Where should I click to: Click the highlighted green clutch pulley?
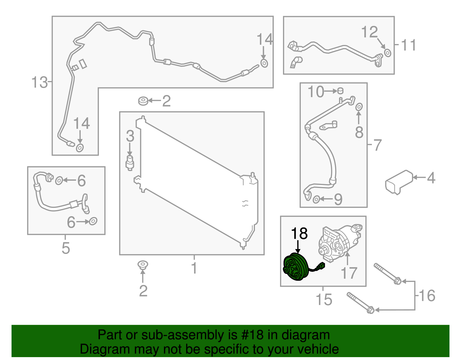click(x=296, y=267)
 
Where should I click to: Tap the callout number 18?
click(x=299, y=233)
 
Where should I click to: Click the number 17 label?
click(x=349, y=273)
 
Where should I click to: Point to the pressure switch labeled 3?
click(x=130, y=163)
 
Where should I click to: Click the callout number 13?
click(x=39, y=82)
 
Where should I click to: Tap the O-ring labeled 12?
click(x=388, y=53)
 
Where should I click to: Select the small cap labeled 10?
click(x=340, y=91)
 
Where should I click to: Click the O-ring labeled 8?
click(x=359, y=107)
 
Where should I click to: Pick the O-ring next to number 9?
click(x=316, y=199)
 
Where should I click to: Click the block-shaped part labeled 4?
click(x=399, y=182)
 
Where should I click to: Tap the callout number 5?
click(x=66, y=248)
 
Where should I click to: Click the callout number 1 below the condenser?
click(x=194, y=268)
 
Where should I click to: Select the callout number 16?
click(x=427, y=295)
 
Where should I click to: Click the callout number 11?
click(x=409, y=45)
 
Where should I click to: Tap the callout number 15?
click(x=324, y=299)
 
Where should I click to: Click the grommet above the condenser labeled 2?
click(x=143, y=101)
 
